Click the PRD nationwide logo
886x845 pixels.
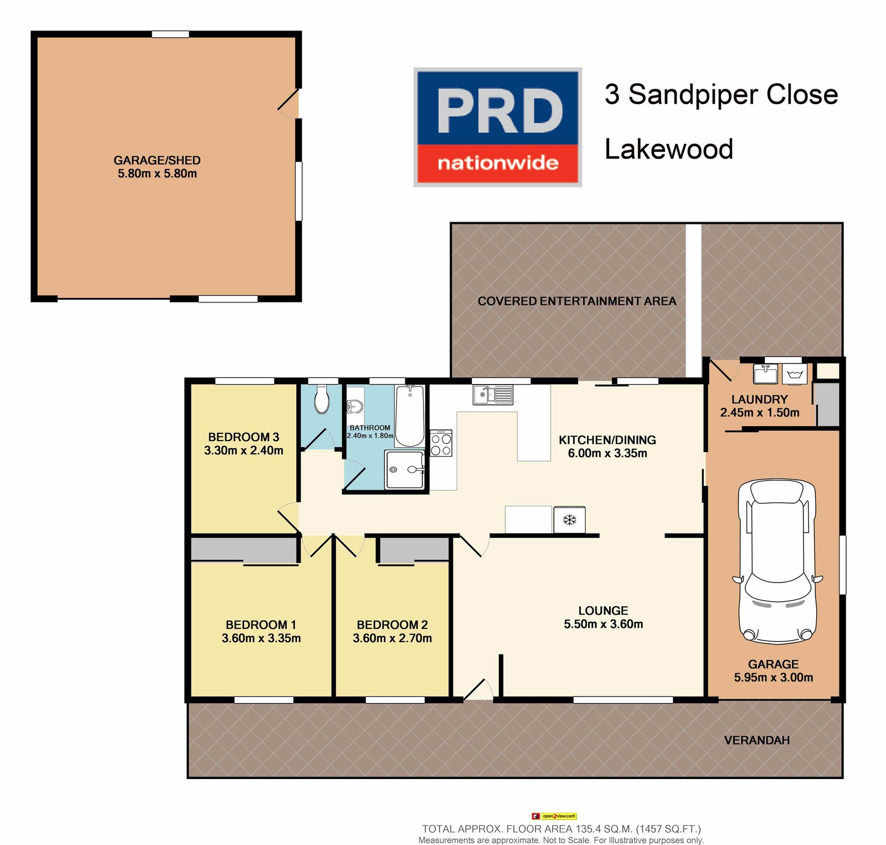pos(497,127)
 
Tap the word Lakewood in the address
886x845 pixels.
pos(668,149)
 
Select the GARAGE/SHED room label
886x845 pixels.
pos(157,160)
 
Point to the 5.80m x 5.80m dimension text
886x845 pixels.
pos(157,173)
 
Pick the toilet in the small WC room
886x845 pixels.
pos(321,400)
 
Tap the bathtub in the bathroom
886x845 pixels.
pos(410,416)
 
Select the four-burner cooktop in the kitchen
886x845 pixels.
pos(441,443)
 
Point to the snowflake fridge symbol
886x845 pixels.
pos(569,520)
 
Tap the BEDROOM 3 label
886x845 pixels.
pos(244,437)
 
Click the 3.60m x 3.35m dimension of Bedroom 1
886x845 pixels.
pos(261,638)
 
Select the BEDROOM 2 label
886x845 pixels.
pos(392,625)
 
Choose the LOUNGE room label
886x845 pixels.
pos(603,611)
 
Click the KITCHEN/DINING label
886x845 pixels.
pos(607,440)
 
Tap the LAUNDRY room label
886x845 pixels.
pos(759,400)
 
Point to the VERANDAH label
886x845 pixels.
pos(756,740)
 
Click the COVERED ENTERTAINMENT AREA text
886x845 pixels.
pos(576,301)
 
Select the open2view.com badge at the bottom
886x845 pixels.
pos(554,816)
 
